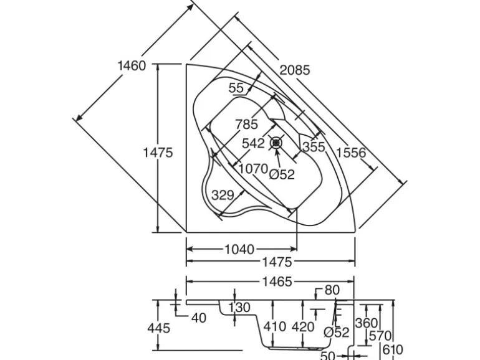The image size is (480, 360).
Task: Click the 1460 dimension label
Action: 131,65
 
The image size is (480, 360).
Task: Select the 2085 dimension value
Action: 294,70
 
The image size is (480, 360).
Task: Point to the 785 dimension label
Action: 246,125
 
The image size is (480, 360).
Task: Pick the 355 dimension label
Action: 314,148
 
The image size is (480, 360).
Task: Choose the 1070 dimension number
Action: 253,169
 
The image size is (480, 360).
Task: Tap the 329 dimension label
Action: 223,195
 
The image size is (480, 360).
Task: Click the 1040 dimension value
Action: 239,250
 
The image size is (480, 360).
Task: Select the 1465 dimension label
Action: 277,282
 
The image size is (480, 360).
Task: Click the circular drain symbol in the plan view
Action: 277,143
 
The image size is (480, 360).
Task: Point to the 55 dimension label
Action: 236,88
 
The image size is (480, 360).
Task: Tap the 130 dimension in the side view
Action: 239,308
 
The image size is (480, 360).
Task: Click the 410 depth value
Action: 274,326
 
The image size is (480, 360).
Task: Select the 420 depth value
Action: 303,326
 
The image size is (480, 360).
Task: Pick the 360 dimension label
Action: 367,323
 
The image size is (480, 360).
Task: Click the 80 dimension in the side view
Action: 332,290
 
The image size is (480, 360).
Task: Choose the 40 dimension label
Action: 198,318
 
